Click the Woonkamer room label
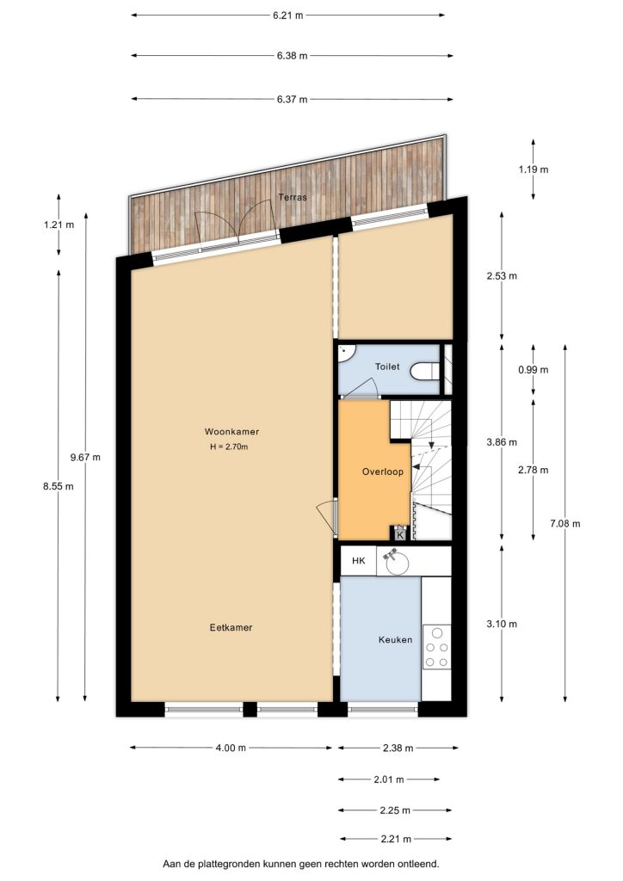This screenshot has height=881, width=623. click(x=231, y=432)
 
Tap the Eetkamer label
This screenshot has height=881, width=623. click(x=231, y=627)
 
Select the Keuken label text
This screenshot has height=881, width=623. click(x=396, y=639)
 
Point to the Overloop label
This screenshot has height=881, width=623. click(x=383, y=471)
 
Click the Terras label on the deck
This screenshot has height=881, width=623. click(x=293, y=197)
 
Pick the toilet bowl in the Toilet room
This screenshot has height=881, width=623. click(x=425, y=372)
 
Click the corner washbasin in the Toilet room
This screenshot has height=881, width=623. click(x=346, y=352)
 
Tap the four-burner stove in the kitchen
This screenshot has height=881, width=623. click(x=436, y=647)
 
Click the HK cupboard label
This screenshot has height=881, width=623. click(x=359, y=560)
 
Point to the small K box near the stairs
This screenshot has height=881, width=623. click(x=400, y=534)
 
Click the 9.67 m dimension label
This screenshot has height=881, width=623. click(x=85, y=458)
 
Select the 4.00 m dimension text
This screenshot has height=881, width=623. click(x=231, y=748)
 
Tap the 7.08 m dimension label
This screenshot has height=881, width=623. click(x=565, y=524)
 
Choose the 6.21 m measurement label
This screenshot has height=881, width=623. click(x=288, y=15)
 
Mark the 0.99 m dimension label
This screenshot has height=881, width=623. click(x=534, y=370)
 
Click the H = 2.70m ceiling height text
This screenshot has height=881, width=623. click(x=229, y=447)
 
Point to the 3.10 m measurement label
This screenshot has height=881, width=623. click(x=502, y=624)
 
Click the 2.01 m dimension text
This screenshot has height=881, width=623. click(x=389, y=779)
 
